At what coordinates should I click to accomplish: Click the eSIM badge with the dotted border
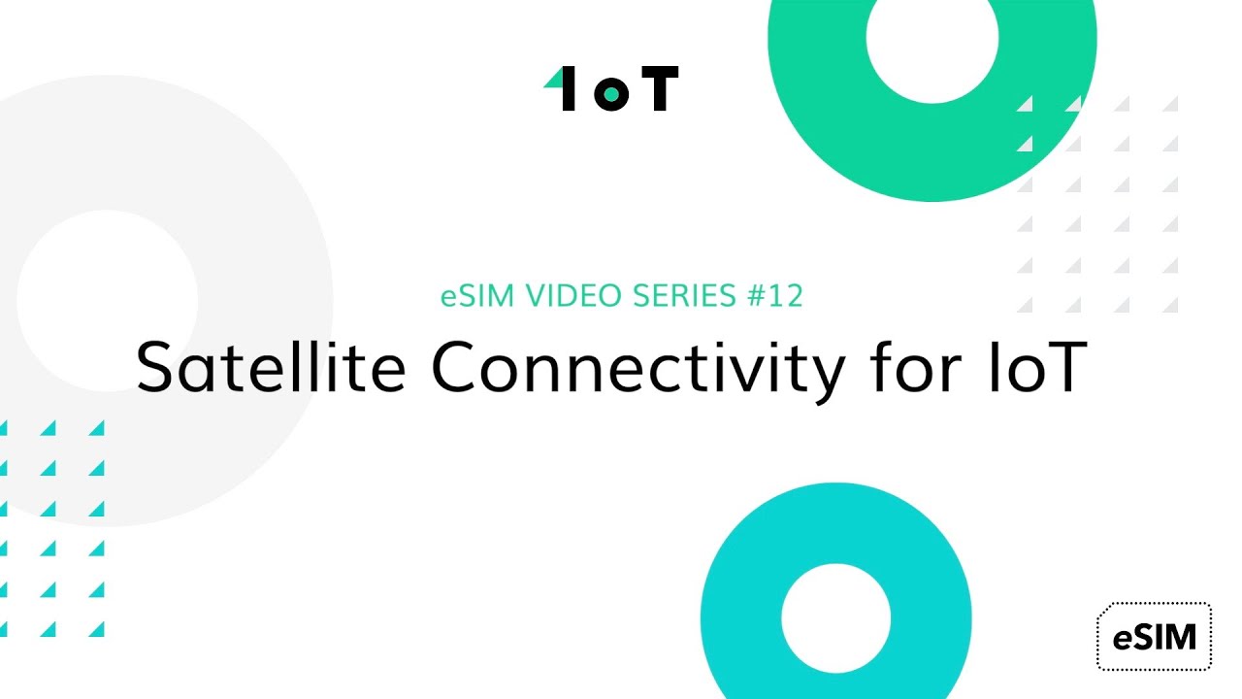(1154, 637)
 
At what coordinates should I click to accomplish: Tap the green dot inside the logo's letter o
(611, 93)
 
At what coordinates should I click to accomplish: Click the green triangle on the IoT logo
(553, 79)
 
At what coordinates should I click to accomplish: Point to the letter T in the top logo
(659, 89)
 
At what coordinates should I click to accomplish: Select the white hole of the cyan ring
(835, 617)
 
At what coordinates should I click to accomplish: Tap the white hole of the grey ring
(107, 301)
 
